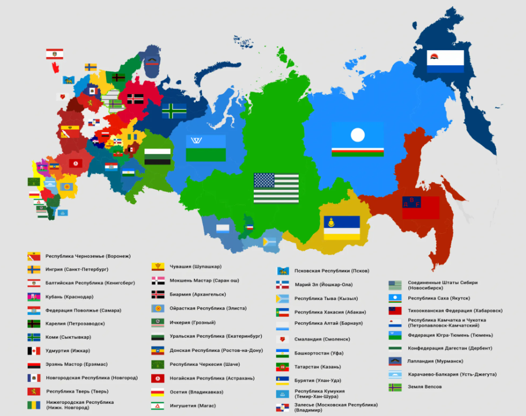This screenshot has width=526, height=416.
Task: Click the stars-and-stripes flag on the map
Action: [276, 188]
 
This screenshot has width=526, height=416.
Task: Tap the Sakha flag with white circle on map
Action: [358, 140]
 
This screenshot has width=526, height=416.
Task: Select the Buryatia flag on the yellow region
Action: [341, 228]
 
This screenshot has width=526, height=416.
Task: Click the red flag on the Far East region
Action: [420, 208]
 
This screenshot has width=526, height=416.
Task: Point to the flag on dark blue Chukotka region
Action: [445, 61]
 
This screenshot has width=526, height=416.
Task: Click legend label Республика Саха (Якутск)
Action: [438, 298]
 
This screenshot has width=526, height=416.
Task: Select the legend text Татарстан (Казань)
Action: [317, 367]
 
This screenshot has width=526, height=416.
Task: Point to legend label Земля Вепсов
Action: [425, 387]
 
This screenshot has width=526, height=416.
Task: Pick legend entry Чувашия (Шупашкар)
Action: [196, 267]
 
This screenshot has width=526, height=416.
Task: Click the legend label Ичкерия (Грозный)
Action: [193, 323]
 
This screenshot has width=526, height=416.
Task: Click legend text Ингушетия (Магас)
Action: [193, 406]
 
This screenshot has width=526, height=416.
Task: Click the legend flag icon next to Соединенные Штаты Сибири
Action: [395, 285]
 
